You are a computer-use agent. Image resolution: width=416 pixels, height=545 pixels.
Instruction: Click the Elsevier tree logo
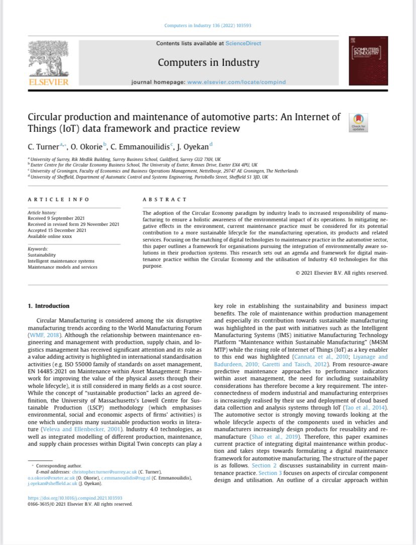click(49, 60)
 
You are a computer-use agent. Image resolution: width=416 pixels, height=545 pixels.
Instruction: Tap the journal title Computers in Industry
click(209, 62)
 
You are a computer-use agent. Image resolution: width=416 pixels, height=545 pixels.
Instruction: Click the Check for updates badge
click(358, 123)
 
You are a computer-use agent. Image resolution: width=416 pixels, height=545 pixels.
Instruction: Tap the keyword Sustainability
click(42, 255)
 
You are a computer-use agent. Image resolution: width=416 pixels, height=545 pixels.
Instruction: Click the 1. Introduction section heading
click(49, 306)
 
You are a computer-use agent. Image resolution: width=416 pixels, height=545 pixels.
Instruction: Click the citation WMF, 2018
click(45, 335)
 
